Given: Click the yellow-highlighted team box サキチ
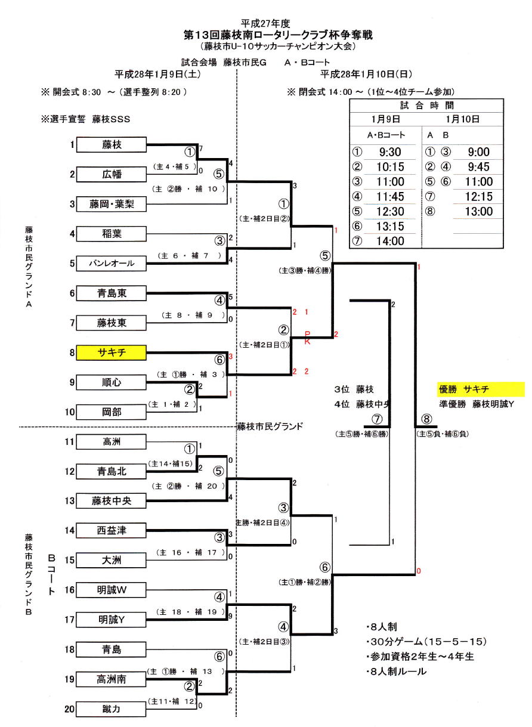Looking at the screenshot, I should (112, 352).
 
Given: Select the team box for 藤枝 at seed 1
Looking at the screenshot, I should (112, 144).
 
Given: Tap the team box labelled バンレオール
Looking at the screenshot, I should (112, 263).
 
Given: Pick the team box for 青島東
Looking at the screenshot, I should (112, 293).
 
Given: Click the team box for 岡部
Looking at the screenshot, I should (112, 412).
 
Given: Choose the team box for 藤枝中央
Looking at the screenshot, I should (112, 501).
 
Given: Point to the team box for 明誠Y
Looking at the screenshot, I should (112, 620).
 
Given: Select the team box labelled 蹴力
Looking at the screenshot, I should (112, 709).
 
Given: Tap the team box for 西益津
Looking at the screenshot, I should (112, 530).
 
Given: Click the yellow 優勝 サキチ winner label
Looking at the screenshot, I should (480, 389).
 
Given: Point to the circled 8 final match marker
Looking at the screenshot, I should (425, 419).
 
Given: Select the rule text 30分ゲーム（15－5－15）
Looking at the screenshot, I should (427, 642).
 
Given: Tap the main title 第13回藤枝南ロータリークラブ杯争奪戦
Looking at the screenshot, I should (278, 35).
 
